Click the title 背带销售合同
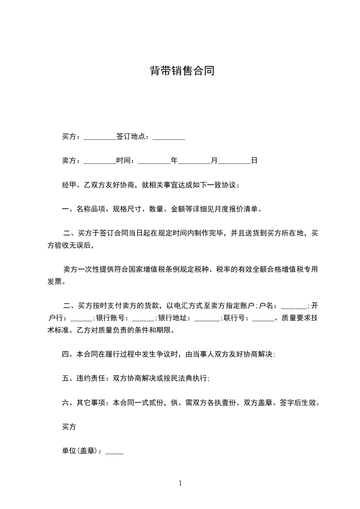pos(182,71)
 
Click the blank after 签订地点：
pos(168,137)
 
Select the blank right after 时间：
pos(153,161)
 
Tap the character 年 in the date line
pos(174,161)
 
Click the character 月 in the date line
pos(214,161)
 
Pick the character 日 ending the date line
pos(254,161)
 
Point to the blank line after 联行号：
pos(263,318)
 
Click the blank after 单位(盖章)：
pos(114,451)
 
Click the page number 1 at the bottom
pos(180,483)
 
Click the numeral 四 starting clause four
pos(65,354)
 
